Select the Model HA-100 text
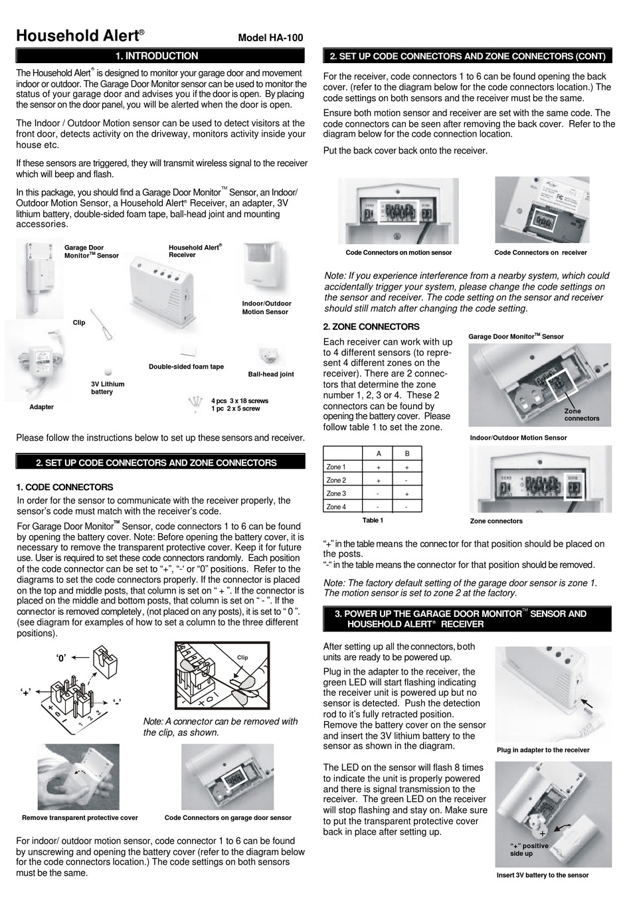coord(270,38)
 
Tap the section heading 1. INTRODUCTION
coord(157,56)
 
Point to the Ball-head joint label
coord(271,374)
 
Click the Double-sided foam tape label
coord(186,367)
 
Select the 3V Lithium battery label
coord(108,388)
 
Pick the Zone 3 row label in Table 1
coord(336,494)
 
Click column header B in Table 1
coord(407,454)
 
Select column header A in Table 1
coord(379,454)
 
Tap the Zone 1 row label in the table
coord(336,467)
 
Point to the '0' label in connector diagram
coord(61,659)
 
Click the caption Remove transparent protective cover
coord(80,818)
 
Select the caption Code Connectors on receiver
coord(541,252)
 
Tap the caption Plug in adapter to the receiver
coord(543,750)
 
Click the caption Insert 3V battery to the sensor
coord(543,875)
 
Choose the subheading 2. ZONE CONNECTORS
coord(371,327)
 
